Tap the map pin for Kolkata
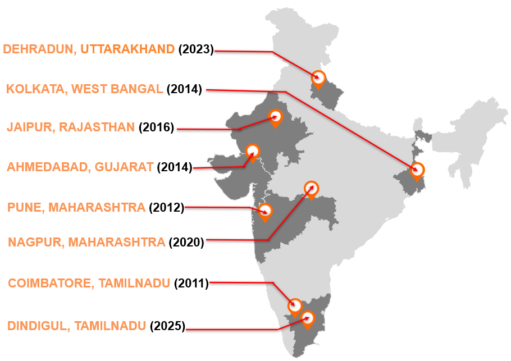(x=417, y=170)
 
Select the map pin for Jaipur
(x=275, y=117)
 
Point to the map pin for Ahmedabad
(x=253, y=151)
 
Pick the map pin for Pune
(x=264, y=212)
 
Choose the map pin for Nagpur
(x=311, y=188)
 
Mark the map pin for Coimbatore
(x=295, y=306)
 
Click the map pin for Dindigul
(x=308, y=319)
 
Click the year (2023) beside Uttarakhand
(x=196, y=49)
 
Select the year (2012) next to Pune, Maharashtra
(x=166, y=208)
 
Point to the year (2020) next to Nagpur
(x=186, y=242)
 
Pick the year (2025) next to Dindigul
(x=167, y=326)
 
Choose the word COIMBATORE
(x=50, y=283)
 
